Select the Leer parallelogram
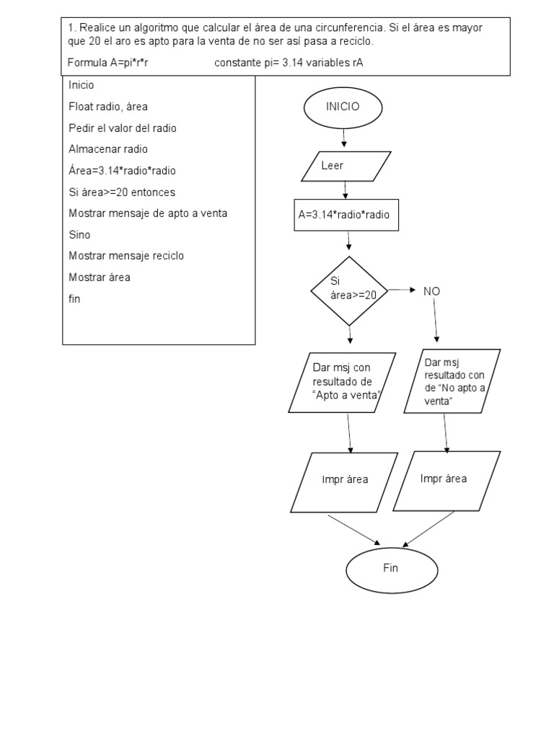pyautogui.click(x=346, y=166)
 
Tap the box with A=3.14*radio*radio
pyautogui.click(x=347, y=215)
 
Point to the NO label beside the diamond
pyautogui.click(x=431, y=291)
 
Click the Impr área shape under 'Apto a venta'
pyautogui.click(x=345, y=480)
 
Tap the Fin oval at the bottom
pyautogui.click(x=390, y=569)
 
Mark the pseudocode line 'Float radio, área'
pyautogui.click(x=108, y=107)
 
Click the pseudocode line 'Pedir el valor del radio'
pyautogui.click(x=123, y=128)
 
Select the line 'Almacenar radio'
pyautogui.click(x=107, y=149)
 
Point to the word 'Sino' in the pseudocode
pyautogui.click(x=79, y=235)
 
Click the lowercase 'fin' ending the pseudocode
pyautogui.click(x=74, y=298)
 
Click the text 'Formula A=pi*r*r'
pyautogui.click(x=108, y=63)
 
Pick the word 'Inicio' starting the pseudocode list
pyautogui.click(x=82, y=85)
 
